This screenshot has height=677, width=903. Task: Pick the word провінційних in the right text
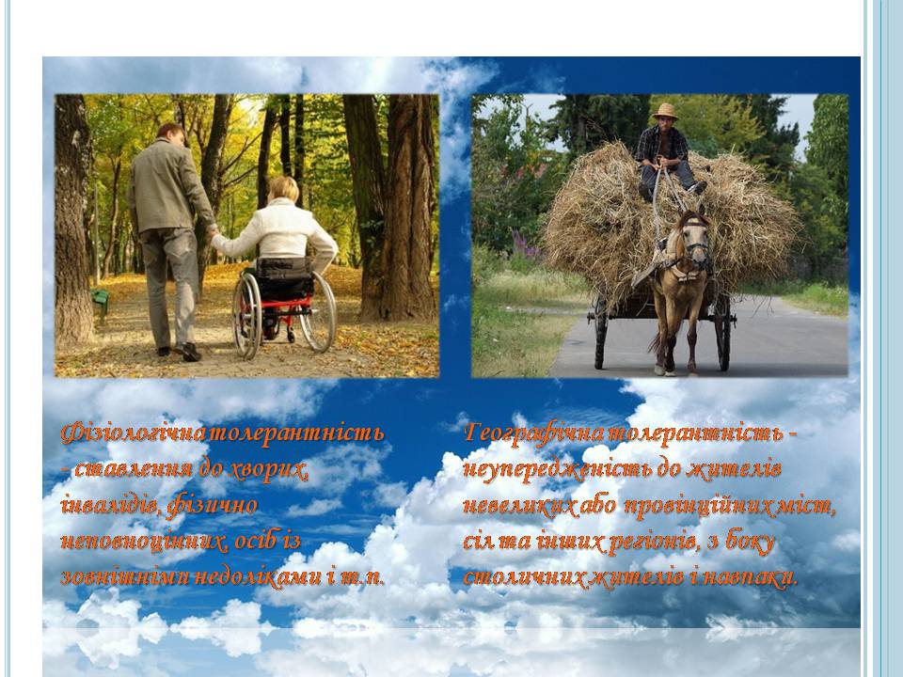(x=697, y=506)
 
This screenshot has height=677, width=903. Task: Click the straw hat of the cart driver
(x=665, y=111)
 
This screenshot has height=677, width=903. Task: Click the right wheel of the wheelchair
(x=318, y=311)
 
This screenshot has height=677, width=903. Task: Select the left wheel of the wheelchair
(x=247, y=316)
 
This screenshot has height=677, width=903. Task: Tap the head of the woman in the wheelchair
(x=285, y=189)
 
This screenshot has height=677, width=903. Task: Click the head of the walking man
(x=171, y=134)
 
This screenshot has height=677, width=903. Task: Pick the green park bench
(x=101, y=301)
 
